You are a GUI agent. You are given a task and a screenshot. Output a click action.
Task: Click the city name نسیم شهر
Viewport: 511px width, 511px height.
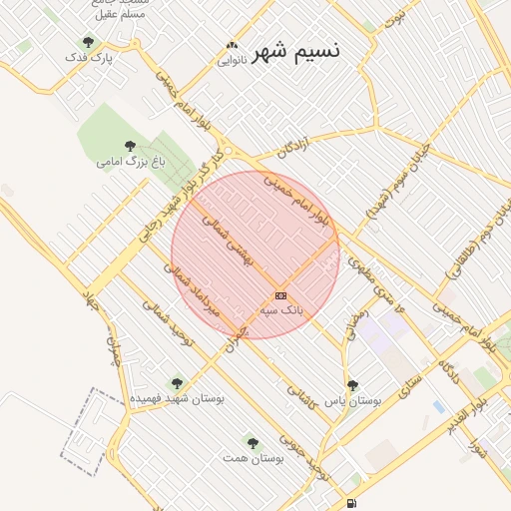click(x=298, y=50)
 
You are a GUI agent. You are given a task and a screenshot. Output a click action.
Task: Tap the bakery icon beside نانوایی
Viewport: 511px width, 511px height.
click(x=233, y=45)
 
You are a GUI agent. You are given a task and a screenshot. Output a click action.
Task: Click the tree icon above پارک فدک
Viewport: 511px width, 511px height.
click(x=89, y=43)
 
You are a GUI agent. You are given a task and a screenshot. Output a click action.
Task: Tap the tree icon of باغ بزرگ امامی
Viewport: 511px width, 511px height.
click(x=130, y=145)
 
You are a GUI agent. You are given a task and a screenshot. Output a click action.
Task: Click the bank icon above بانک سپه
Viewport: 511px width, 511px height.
click(x=280, y=295)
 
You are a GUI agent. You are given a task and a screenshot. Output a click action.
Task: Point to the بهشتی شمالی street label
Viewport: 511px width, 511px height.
click(x=230, y=241)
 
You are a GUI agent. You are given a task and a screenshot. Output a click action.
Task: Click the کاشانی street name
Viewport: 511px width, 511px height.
click(x=300, y=397)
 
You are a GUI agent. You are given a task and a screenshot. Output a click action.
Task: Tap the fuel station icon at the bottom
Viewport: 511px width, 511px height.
click(x=350, y=503)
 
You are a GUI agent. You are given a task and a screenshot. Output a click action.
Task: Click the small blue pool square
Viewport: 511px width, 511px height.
click(x=439, y=406)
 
